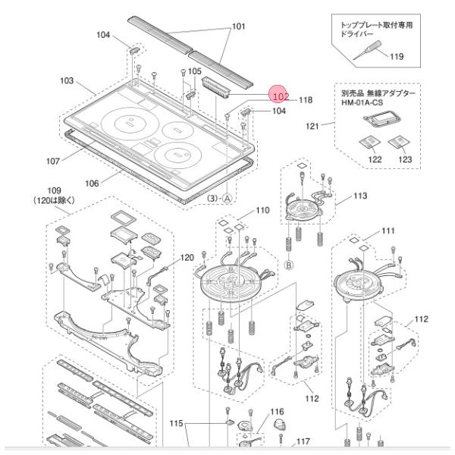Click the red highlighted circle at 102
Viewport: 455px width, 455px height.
pos(278,96)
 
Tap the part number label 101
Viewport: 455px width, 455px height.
pos(238,27)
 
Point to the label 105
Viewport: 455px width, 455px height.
pos(195,71)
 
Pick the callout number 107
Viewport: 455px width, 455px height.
pos(52,161)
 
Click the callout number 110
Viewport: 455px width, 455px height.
pos(262,210)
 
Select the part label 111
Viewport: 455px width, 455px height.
pos(388,231)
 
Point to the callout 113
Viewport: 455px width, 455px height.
pos(359,196)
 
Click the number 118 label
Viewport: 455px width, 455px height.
pos(305,99)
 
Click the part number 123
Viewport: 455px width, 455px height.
pos(404,159)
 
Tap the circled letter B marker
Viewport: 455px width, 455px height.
pos(289,265)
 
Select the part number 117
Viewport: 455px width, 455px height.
pos(303,441)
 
